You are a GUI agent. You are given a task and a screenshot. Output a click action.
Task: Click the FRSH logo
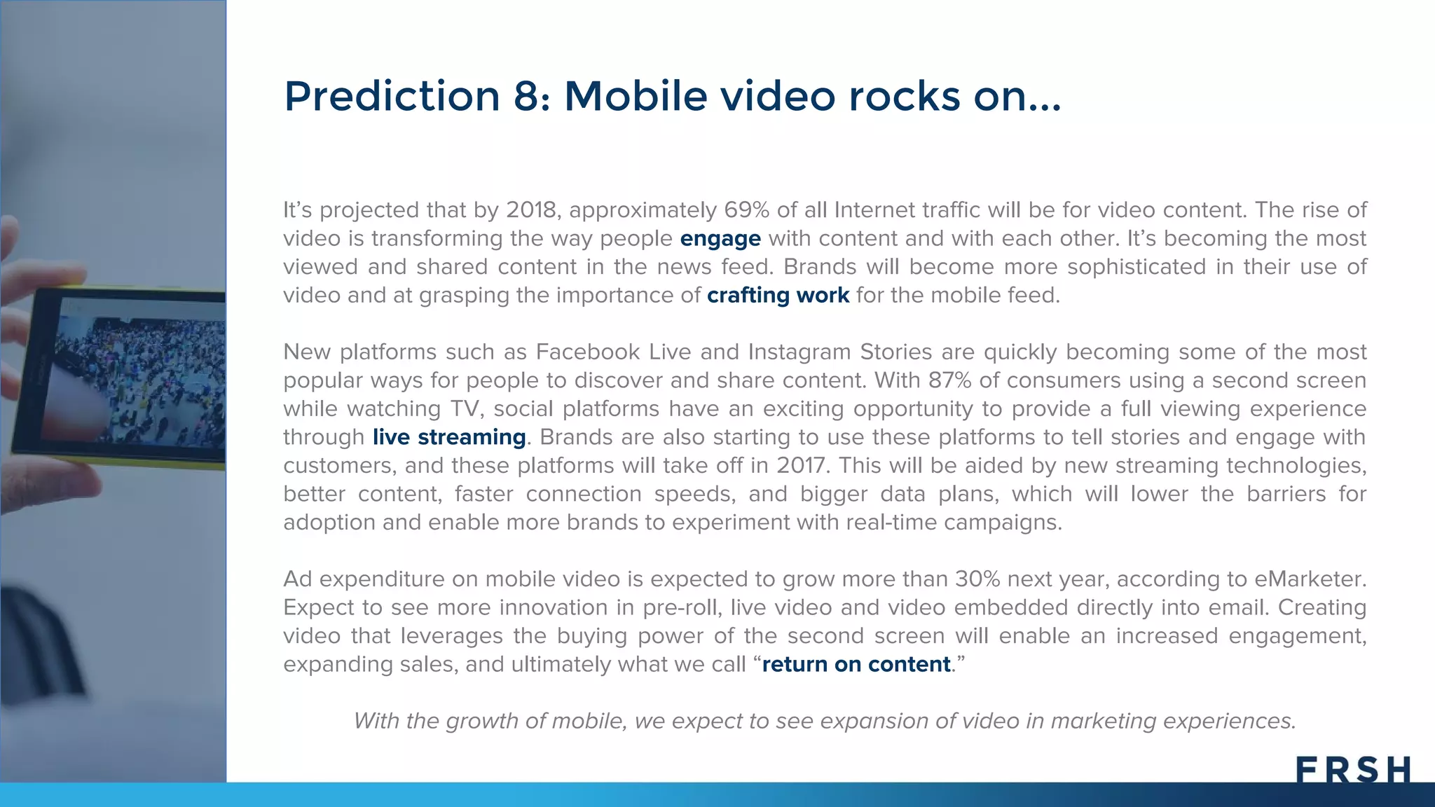(1353, 770)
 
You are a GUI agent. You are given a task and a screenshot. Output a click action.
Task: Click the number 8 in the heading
(526, 96)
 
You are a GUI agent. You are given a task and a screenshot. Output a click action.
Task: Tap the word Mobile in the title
(636, 96)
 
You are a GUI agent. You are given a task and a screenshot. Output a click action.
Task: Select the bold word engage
(720, 239)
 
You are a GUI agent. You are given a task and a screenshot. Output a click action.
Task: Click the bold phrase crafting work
(778, 296)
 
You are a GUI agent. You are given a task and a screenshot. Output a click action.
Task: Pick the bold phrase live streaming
(448, 437)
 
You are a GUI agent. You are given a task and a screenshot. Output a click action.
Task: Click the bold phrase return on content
(856, 664)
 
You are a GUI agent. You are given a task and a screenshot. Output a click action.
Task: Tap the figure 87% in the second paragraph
(950, 380)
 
